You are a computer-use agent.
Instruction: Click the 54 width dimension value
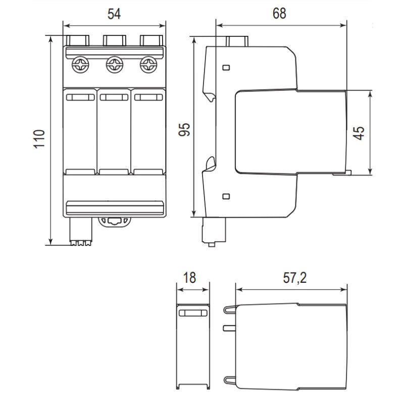[114, 14]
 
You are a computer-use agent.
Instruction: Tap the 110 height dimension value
[39, 139]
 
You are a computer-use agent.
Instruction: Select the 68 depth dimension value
[279, 13]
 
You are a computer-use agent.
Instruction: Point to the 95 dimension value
[184, 129]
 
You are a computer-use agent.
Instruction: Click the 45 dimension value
[359, 133]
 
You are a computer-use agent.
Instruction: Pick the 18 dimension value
[189, 278]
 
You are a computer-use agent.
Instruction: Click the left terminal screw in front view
[80, 65]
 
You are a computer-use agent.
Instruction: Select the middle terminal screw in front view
[115, 65]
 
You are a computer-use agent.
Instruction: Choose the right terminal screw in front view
[148, 65]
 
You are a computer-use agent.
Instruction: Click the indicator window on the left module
[80, 97]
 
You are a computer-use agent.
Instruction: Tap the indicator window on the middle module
[114, 97]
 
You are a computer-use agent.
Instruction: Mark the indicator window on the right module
[148, 97]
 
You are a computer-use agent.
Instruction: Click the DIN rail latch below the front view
[115, 222]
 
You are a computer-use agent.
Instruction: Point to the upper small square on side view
[226, 68]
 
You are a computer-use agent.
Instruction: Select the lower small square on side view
[226, 196]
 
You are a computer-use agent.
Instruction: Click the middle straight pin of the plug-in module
[230, 328]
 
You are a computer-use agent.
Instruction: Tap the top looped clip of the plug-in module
[230, 309]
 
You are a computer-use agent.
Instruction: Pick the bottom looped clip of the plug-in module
[230, 380]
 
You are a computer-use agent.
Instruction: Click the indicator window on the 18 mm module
[193, 313]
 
